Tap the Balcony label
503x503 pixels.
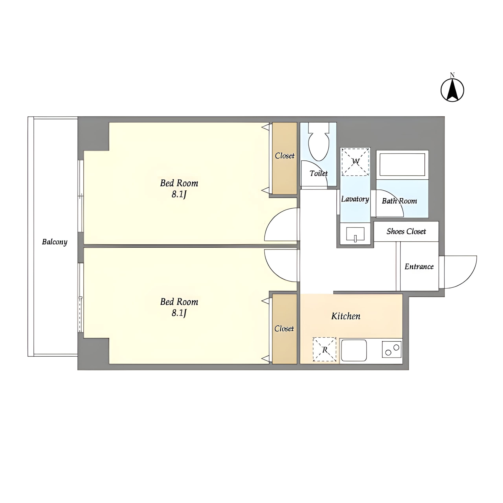(55, 242)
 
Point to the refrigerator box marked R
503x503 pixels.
(324, 349)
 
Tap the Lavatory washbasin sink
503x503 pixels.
(355, 234)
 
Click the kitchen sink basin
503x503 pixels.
(354, 350)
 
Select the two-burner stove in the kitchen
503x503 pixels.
(392, 349)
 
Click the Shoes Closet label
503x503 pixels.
(406, 231)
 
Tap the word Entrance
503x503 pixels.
(419, 266)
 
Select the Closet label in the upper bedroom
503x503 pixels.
(285, 156)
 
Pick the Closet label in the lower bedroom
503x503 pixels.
(284, 329)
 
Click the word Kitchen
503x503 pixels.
(346, 316)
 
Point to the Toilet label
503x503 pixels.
(319, 173)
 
